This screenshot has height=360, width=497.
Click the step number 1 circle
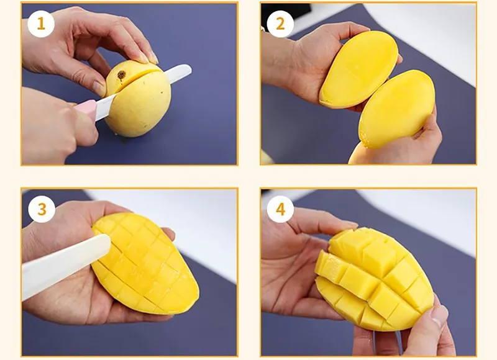[41, 24]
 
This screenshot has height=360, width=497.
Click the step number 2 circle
[280, 24]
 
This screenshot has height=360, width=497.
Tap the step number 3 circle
[42, 209]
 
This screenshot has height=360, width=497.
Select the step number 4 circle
[281, 209]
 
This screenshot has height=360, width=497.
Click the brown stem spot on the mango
[121, 75]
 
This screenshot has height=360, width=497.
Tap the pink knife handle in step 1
[87, 109]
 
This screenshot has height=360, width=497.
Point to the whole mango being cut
[137, 99]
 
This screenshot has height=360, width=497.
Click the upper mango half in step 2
[359, 70]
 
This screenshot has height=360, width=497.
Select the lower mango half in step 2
[396, 109]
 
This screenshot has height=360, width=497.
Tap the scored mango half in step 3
[145, 263]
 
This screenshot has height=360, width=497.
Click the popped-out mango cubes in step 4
[374, 279]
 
